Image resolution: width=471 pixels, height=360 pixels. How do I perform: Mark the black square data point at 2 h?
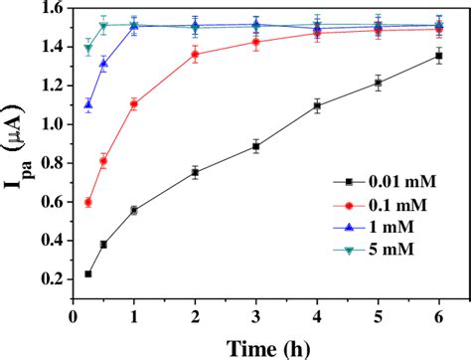tap(195, 172)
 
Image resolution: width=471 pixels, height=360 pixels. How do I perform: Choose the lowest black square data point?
tap(88, 273)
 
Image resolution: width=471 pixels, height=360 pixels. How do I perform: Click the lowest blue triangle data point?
tap(88, 104)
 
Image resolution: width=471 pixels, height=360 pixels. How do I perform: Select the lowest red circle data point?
tap(88, 202)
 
